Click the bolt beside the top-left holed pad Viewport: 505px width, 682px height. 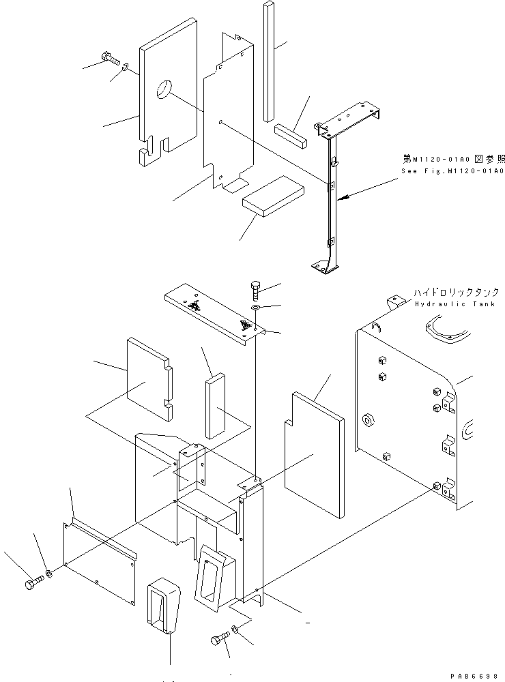[109, 58]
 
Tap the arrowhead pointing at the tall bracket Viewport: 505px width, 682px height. [344, 197]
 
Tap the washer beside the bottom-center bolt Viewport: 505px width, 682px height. [234, 628]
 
